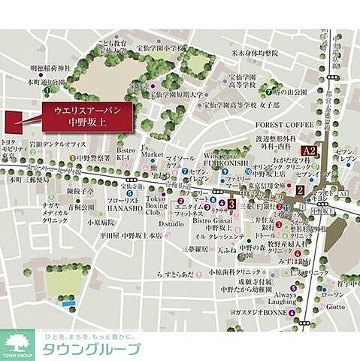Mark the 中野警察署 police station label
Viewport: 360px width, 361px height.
point(93,159)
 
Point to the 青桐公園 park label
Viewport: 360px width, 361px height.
point(80,206)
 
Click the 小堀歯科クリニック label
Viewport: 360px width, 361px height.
point(233,272)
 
